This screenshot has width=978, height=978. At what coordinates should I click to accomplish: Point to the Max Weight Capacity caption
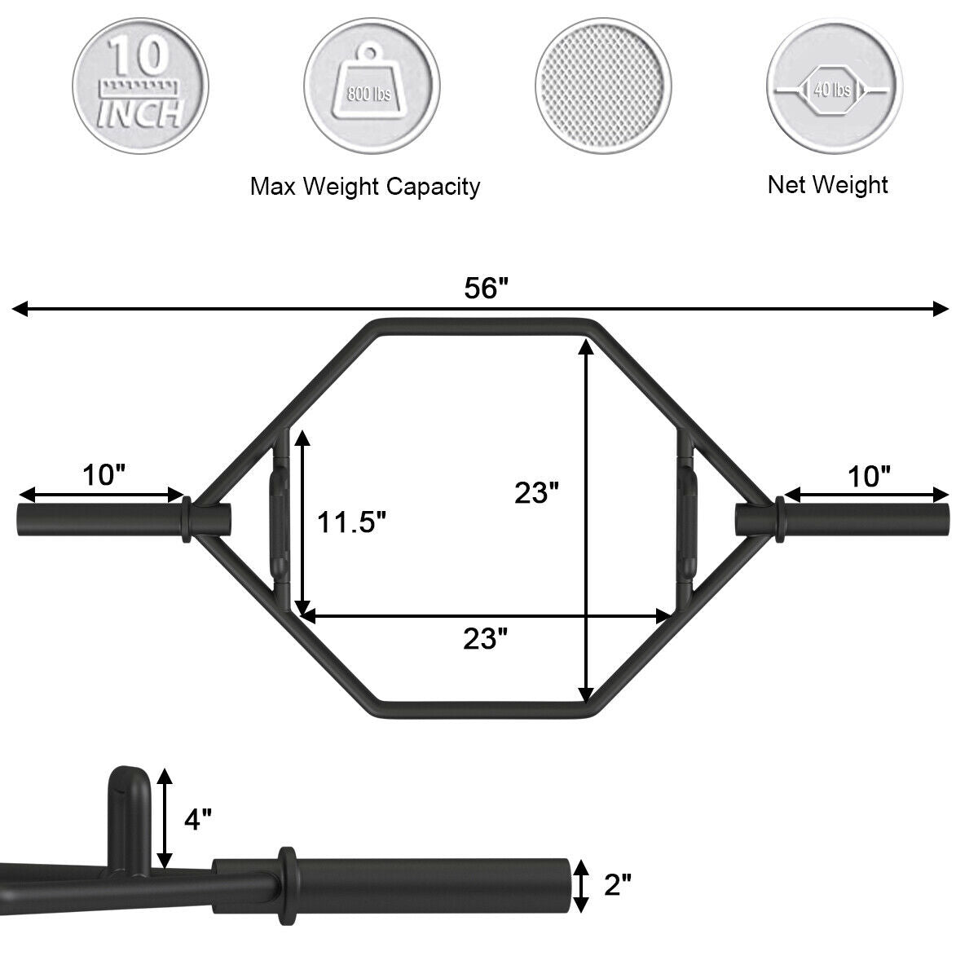coord(364,187)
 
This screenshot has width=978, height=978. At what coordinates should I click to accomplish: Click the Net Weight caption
coord(827,184)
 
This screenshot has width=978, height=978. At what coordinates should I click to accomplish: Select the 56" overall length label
coord(486,288)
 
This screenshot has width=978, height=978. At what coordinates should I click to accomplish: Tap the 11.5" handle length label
coord(351,522)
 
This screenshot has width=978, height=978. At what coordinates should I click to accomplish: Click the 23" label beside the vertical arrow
coord(536,493)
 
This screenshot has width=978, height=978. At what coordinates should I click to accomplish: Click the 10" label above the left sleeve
coord(103,474)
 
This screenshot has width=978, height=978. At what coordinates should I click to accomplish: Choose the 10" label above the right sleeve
coord(870,475)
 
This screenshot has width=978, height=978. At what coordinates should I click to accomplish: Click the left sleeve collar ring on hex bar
coord(185,520)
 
